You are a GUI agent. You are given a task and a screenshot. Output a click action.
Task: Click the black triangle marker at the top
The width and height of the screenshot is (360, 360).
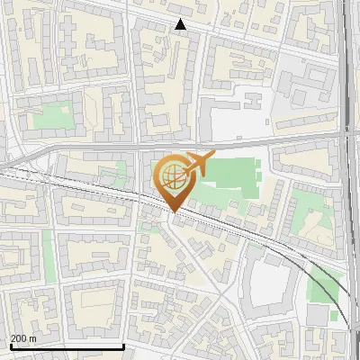click(181, 24)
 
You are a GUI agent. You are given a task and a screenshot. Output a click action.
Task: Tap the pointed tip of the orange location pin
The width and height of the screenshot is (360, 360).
click(171, 212)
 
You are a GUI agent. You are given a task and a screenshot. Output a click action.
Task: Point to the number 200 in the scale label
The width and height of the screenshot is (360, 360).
click(18, 338)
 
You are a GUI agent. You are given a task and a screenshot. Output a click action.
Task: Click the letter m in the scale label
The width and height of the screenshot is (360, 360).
click(33, 338)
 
